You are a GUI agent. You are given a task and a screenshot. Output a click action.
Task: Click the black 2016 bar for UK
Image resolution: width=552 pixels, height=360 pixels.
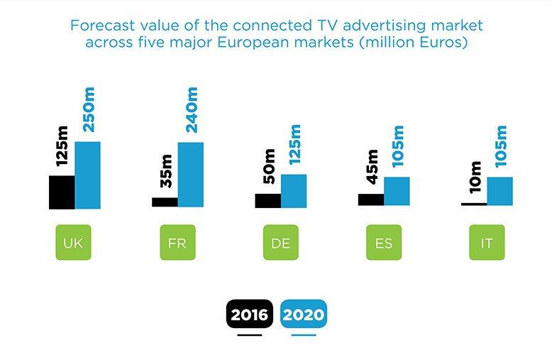(x=62, y=192)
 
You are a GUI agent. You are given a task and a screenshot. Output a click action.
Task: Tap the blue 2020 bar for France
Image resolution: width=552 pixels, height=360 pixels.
(x=191, y=175)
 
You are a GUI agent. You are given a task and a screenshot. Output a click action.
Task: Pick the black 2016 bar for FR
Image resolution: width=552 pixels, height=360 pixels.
(x=165, y=202)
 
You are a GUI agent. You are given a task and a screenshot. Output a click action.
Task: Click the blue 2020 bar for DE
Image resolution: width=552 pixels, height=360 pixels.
(x=294, y=191)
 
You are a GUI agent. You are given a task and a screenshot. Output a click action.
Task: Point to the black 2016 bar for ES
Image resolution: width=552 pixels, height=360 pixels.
(x=370, y=200)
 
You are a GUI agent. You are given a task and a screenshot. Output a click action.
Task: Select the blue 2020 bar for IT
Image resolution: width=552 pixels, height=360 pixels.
(x=499, y=191)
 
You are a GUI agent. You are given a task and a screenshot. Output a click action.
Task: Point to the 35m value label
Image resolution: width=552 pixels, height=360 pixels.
(x=166, y=173)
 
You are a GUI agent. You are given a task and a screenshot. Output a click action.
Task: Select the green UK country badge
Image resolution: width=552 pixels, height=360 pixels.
(x=73, y=244)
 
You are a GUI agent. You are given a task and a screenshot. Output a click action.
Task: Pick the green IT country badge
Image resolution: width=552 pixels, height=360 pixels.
(x=487, y=244)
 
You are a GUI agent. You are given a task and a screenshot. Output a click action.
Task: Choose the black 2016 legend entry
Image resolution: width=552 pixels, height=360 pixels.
(x=249, y=313)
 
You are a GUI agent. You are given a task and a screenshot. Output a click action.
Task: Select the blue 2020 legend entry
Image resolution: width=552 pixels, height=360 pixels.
(x=304, y=313)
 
